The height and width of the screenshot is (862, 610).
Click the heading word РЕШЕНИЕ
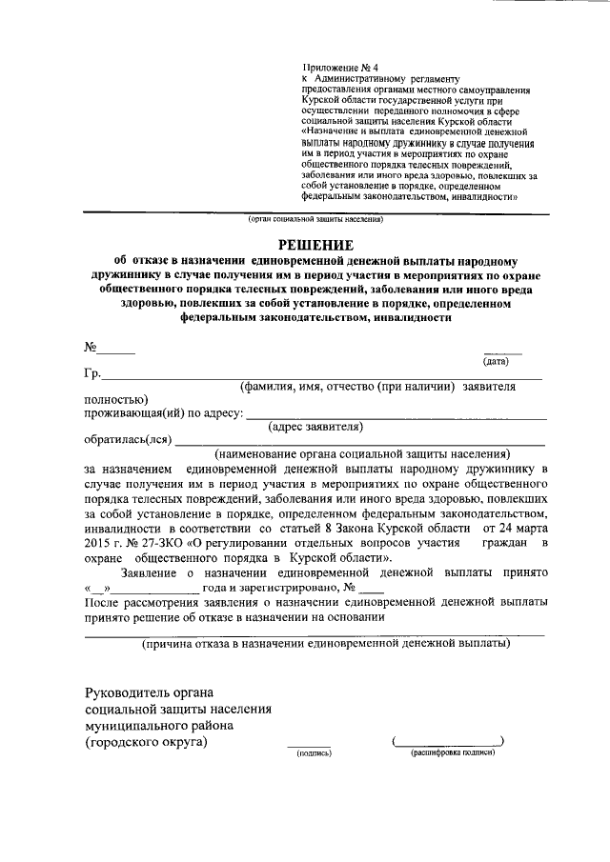coord(314,244)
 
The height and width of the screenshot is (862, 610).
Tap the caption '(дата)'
coord(496,361)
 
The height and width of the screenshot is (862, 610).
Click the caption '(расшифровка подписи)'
coord(453,752)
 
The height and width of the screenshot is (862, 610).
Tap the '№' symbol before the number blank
coord(91,347)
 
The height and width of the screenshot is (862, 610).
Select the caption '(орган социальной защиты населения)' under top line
coord(315,219)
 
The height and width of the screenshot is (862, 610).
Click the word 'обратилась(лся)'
coord(128,440)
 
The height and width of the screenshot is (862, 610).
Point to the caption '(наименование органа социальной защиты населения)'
coord(363,453)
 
